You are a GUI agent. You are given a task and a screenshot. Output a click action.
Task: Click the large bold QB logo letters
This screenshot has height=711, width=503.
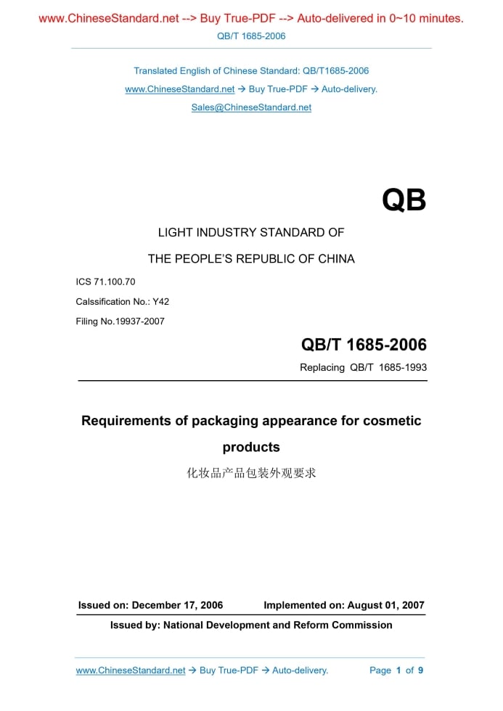404,201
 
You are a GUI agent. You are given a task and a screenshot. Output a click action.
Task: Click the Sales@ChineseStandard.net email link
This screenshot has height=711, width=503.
251,107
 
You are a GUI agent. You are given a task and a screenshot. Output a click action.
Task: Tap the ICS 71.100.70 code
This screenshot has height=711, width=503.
105,281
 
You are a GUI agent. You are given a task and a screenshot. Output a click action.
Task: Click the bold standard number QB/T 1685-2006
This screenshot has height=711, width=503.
364,345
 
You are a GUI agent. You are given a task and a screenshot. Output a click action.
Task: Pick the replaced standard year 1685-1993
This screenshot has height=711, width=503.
402,367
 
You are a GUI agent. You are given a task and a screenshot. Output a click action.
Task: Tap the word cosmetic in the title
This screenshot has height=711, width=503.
391,421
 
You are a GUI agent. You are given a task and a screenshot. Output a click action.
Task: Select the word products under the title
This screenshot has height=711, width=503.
251,447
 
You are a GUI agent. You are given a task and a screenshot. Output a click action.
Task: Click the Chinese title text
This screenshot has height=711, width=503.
251,474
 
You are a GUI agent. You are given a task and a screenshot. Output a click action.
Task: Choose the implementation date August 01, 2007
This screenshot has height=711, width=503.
385,605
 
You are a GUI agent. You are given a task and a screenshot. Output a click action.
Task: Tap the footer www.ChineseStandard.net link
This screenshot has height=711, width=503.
131,670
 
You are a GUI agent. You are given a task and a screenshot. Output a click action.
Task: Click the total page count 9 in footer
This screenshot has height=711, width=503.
420,670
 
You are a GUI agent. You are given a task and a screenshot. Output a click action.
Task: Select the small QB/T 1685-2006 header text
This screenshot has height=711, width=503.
251,36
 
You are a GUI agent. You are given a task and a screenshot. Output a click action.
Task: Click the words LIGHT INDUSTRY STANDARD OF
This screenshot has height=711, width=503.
251,233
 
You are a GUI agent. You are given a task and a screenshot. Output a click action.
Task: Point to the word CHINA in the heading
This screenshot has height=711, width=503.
336,258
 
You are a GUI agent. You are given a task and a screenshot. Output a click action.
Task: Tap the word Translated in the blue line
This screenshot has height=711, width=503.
155,71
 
